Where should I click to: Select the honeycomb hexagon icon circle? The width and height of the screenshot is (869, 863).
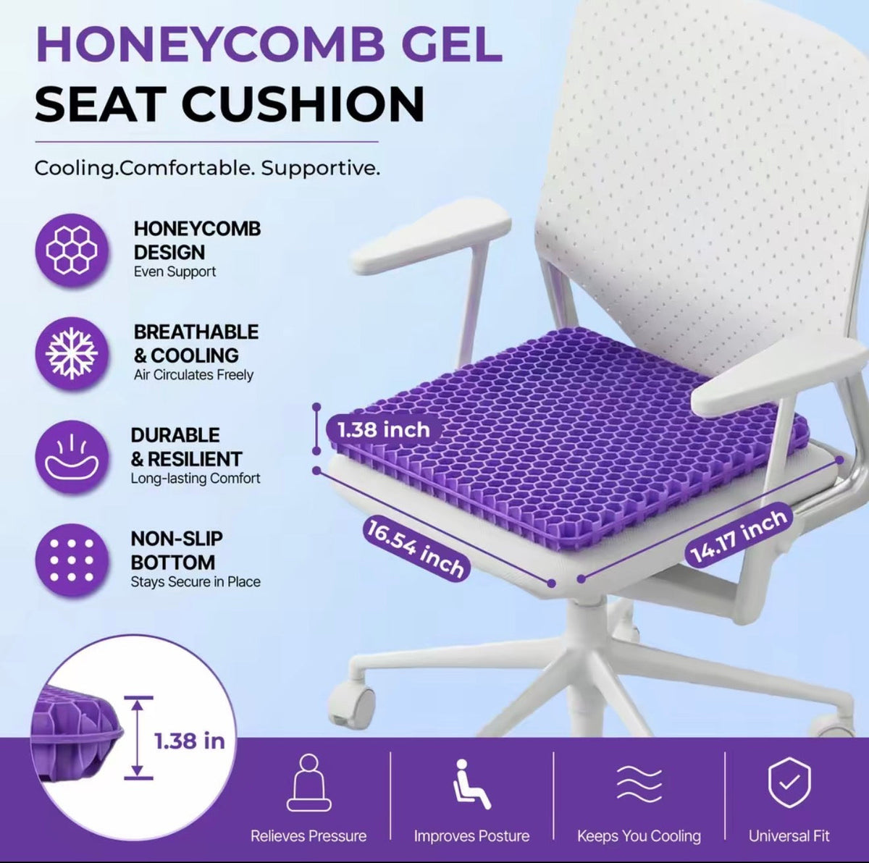point(72,251)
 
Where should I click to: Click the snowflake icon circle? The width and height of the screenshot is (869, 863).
point(72,353)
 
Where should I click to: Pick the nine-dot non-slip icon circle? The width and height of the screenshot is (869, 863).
point(72,560)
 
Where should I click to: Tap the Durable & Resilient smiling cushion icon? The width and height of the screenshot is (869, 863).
point(72,457)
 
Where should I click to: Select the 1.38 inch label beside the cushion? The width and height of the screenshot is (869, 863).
point(383,430)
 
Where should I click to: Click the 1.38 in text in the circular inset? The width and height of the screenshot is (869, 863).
point(190,741)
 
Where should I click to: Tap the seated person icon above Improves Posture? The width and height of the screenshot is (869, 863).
point(471,784)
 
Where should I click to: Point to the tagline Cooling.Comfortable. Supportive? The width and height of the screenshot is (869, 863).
point(207,168)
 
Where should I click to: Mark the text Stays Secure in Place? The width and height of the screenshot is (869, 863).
point(196,582)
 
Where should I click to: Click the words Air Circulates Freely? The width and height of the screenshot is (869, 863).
point(193,375)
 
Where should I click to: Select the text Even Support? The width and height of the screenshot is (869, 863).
point(175,272)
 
